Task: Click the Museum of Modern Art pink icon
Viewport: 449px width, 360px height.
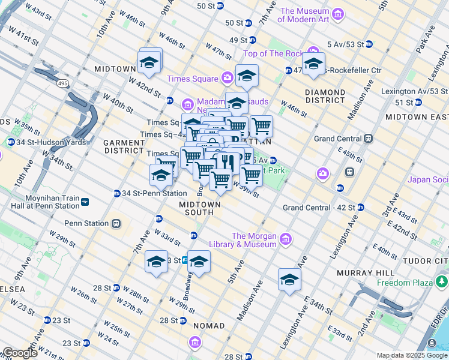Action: click(x=338, y=14)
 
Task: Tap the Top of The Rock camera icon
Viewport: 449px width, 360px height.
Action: click(x=313, y=52)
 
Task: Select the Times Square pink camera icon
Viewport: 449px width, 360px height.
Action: click(x=227, y=77)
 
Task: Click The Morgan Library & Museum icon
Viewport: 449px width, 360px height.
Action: click(x=285, y=239)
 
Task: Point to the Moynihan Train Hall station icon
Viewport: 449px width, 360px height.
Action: click(x=85, y=202)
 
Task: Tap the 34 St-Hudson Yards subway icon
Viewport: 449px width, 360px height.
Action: click(x=11, y=142)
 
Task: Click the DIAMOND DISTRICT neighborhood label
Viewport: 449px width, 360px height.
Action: click(x=325, y=96)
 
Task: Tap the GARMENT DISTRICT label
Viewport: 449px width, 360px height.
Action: click(x=124, y=146)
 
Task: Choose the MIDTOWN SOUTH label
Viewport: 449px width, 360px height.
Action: click(x=200, y=208)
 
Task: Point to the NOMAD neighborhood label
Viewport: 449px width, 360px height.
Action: click(x=209, y=326)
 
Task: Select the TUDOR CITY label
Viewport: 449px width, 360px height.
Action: click(x=427, y=261)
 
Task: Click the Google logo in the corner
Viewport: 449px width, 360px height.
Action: click(x=20, y=353)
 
